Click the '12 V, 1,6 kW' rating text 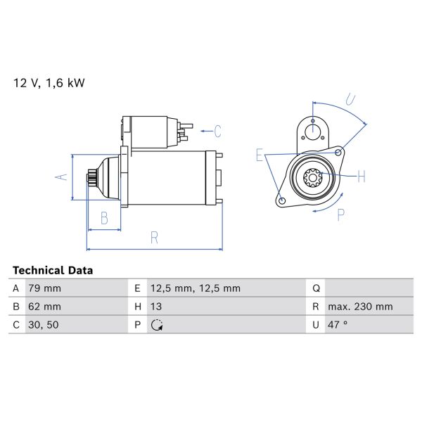click(49, 83)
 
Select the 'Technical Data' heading click(52, 270)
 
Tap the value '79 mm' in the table click(44, 288)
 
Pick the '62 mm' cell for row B click(44, 307)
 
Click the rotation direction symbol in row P click(157, 325)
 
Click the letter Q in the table click(316, 288)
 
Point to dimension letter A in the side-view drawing click(61, 177)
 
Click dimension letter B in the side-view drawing click(104, 218)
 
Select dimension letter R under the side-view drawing click(154, 238)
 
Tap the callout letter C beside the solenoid click(217, 130)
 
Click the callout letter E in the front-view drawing click(259, 156)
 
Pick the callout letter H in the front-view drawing click(361, 176)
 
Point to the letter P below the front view click(340, 214)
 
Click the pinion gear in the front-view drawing click(313, 178)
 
